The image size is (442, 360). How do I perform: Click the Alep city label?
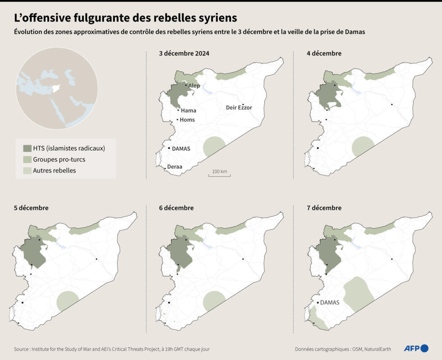tap(194, 86)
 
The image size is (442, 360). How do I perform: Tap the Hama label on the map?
tap(189, 110)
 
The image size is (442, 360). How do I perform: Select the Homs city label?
tap(188, 120)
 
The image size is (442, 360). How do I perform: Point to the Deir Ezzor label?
tap(239, 108)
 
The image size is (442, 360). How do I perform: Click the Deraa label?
tap(175, 167)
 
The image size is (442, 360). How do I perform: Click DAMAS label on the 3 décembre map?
tap(181, 148)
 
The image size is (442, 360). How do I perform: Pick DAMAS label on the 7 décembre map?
tap(329, 303)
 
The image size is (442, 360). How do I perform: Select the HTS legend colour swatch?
tap(27, 148)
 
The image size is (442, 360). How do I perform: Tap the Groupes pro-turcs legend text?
tap(59, 159)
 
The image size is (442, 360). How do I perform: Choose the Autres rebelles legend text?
tap(54, 171)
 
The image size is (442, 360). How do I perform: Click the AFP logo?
tap(416, 348)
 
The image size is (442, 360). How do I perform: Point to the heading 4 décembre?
tap(324, 53)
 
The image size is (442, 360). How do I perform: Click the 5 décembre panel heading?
tap(31, 208)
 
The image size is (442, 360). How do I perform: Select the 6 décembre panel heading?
tap(176, 208)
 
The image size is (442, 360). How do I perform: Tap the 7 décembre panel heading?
tap(324, 208)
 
